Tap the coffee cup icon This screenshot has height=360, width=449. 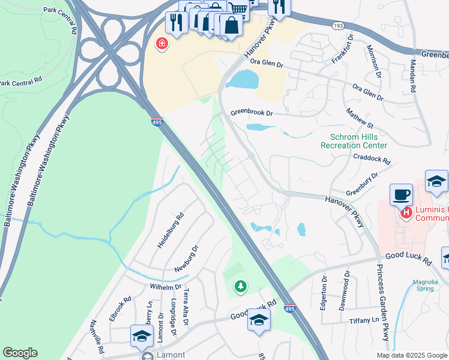click(x=402, y=195)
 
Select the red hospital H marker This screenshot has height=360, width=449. click(x=406, y=212)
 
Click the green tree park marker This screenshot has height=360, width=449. click(x=240, y=286)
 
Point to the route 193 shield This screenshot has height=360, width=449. click(x=338, y=26)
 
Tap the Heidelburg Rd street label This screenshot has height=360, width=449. click(x=170, y=230)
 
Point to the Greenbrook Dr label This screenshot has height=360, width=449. click(x=252, y=113)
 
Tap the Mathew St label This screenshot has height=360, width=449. click(x=360, y=118)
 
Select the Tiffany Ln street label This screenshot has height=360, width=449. click(x=362, y=321)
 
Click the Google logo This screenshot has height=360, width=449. click(x=20, y=353)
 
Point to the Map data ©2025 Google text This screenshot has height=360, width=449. click(x=411, y=355)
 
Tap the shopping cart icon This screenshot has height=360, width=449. click(x=238, y=8)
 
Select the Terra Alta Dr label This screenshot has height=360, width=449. click(x=186, y=308)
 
